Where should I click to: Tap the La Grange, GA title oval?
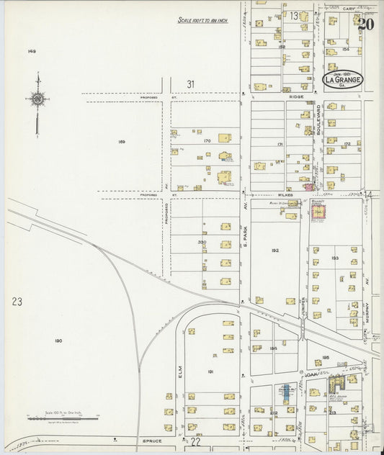point(343,78)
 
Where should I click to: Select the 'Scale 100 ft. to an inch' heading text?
point(202,21)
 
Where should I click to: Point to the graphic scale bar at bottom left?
point(63,417)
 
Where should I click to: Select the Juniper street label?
point(305,306)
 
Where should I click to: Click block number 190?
point(58,340)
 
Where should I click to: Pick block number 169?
point(121,142)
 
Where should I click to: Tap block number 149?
point(32,52)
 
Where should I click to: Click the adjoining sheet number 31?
point(191,84)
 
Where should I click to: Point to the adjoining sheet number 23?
point(17,302)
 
